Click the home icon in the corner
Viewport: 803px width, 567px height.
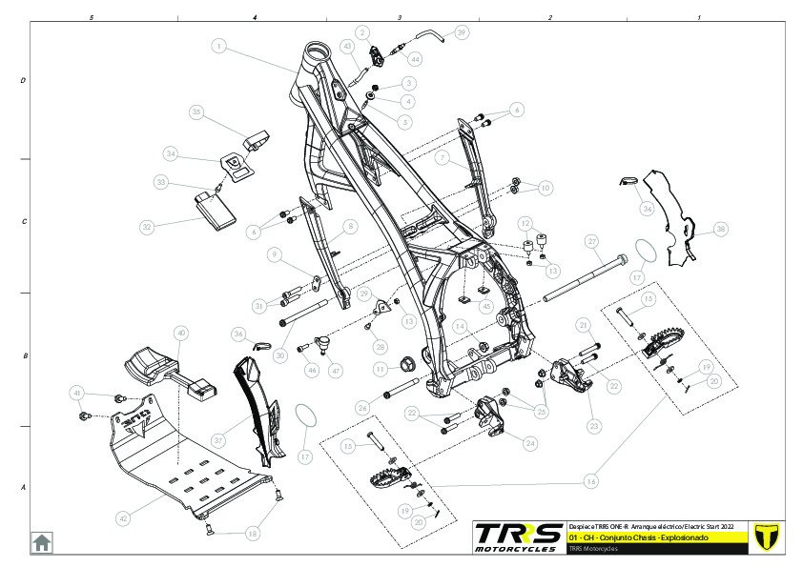point(42,542)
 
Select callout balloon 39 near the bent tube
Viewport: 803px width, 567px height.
point(462,32)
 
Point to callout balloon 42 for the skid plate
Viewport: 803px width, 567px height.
point(123,518)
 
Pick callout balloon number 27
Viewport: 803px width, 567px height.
point(591,241)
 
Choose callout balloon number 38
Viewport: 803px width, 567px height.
point(721,229)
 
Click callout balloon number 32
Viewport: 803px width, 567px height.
point(147,227)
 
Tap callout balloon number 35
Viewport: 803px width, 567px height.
point(196,111)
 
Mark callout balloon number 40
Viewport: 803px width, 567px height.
point(181,333)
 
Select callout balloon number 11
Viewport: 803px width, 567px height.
point(379,369)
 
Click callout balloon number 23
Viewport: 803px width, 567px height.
point(594,425)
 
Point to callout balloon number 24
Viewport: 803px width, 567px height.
point(530,442)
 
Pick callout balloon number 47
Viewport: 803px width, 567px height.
point(336,370)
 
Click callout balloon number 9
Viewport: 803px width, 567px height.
point(274,254)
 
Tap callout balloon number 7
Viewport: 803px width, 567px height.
point(442,157)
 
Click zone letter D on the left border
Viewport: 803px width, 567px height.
point(23,81)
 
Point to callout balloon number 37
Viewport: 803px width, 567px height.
point(218,440)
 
